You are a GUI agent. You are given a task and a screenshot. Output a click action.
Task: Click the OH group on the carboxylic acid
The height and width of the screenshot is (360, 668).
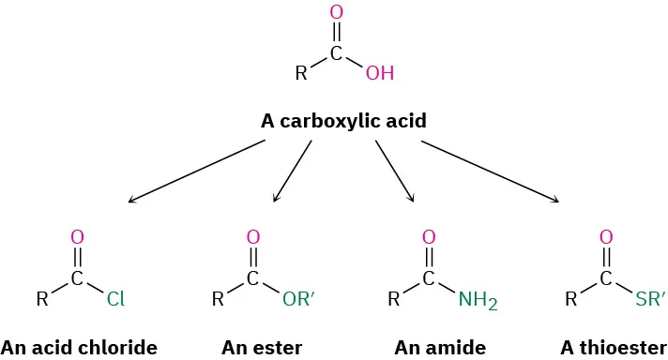tap(380, 73)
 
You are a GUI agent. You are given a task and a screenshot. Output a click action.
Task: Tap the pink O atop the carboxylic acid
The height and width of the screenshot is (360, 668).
tap(337, 13)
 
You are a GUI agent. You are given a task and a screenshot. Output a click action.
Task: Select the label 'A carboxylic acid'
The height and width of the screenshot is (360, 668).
tap(343, 121)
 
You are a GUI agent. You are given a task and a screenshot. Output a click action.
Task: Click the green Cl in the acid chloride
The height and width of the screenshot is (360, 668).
tap(115, 300)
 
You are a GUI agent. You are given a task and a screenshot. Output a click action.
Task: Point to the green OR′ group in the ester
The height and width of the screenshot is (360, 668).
tap(300, 300)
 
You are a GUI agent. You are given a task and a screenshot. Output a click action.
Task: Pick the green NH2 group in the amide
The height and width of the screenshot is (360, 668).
tap(477, 300)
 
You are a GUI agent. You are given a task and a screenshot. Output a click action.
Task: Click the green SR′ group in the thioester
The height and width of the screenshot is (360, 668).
tap(650, 300)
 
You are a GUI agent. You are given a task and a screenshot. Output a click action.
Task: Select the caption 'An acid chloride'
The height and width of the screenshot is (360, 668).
tap(79, 348)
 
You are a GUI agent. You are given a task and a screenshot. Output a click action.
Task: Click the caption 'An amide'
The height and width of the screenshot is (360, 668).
tap(440, 348)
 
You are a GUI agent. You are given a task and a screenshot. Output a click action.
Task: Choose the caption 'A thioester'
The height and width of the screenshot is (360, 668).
tap(614, 348)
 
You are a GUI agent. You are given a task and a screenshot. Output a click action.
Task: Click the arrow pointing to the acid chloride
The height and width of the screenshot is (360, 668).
tap(197, 171)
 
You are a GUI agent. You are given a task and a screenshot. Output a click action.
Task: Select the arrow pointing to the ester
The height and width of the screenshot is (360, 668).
tap(293, 171)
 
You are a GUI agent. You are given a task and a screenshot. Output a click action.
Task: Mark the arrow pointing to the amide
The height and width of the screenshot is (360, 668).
tap(394, 171)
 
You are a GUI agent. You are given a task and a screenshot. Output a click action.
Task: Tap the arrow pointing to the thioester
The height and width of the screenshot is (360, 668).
tap(490, 171)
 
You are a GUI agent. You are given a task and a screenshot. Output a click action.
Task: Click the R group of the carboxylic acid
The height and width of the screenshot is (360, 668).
tap(300, 73)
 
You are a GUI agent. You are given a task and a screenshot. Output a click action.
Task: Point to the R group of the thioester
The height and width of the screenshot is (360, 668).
tap(570, 300)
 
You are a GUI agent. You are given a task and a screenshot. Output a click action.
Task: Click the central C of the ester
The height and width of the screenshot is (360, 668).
tap(252, 278)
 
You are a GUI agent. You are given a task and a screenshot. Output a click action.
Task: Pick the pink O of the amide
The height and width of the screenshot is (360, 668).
tap(429, 237)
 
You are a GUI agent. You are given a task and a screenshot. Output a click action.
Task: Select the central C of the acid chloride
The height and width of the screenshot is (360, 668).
tap(77, 278)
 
